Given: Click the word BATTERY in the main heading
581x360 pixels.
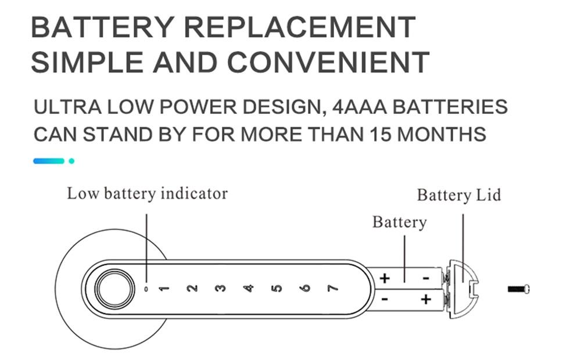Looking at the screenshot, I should coord(102,27).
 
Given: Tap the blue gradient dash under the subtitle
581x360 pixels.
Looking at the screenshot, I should coord(48,160).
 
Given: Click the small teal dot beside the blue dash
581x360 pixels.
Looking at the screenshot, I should coord(71,160).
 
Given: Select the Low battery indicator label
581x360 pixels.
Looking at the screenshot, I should coord(147,193).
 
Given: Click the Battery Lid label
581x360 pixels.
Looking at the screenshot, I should coord(458,195).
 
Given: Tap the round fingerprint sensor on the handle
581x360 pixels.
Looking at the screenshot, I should coord(113,288).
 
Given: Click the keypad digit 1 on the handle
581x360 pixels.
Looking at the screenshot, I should coord(164,288).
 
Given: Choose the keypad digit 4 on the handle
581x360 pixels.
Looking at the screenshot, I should coord(249,288).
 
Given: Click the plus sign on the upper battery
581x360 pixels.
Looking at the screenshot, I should coord(384,278).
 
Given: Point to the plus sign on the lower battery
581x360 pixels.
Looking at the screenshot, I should coord(426,300).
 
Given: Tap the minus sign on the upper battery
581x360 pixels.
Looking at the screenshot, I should coord(426,278).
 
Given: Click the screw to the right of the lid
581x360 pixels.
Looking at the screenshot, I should coord(519,289).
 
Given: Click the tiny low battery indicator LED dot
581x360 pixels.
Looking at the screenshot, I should coord(146,288).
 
